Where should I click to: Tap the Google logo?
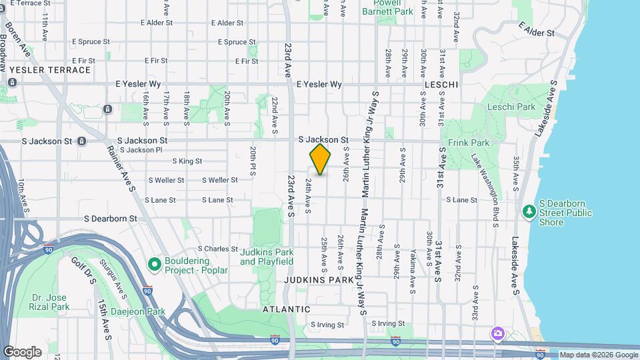coord(22,352)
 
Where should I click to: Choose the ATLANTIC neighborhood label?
coord(286,309)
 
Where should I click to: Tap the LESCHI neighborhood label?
coord(441,85)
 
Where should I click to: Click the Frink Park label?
coord(469,143)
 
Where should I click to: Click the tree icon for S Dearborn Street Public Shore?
coord(529,211)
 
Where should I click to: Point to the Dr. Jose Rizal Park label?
coord(49,302)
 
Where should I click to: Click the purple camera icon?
coord(497,333)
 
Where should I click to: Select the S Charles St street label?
coord(217,249)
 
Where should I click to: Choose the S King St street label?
coord(187,161)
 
